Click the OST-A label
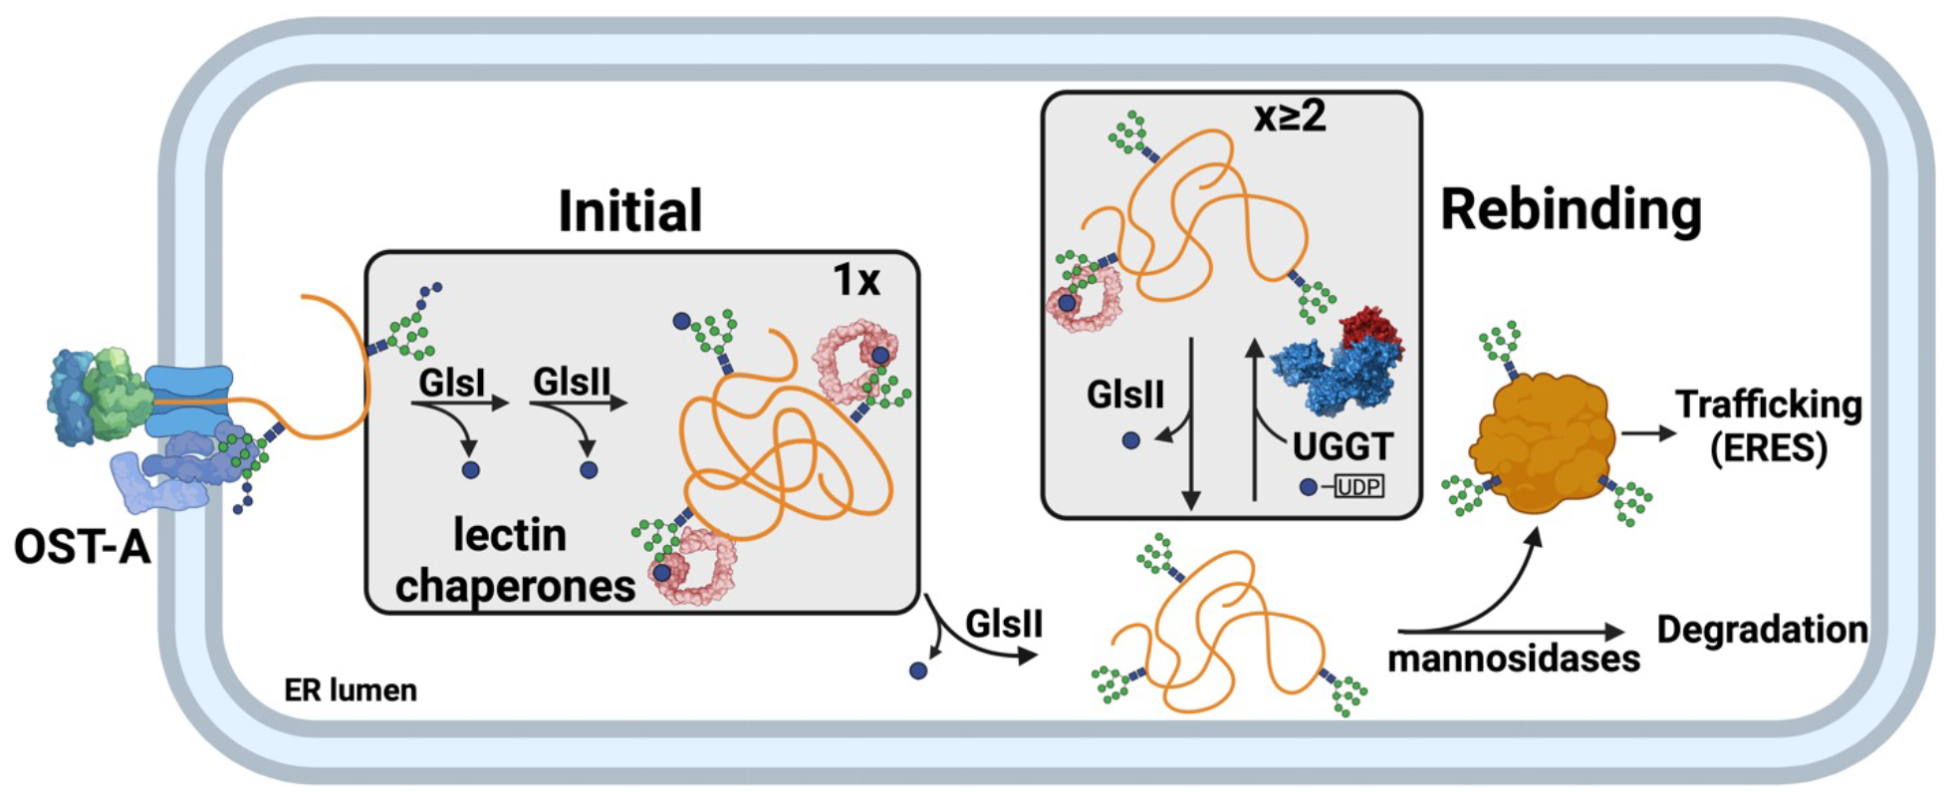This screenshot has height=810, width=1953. click(x=83, y=547)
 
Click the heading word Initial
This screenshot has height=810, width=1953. click(x=629, y=211)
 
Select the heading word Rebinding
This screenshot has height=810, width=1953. click(x=1571, y=209)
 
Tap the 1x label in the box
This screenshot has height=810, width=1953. click(x=856, y=280)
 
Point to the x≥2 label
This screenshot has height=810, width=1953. click(x=1290, y=118)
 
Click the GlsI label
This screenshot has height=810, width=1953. click(x=451, y=382)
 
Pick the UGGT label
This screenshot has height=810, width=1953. click(x=1343, y=446)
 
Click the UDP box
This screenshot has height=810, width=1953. click(x=1359, y=487)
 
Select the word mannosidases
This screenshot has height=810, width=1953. click(x=1513, y=659)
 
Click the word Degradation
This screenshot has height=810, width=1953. click(x=1762, y=630)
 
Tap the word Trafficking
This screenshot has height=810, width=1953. click(x=1768, y=405)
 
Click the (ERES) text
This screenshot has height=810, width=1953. click(x=1768, y=448)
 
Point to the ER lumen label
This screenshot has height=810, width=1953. click(x=351, y=690)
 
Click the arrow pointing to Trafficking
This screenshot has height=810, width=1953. click(x=1648, y=433)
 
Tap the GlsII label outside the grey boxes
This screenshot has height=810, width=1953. click(x=1004, y=625)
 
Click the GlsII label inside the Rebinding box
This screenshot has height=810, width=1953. click(x=1125, y=395)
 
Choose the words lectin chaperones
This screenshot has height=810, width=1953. click(x=513, y=561)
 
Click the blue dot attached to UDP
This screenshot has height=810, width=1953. click(x=1308, y=487)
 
